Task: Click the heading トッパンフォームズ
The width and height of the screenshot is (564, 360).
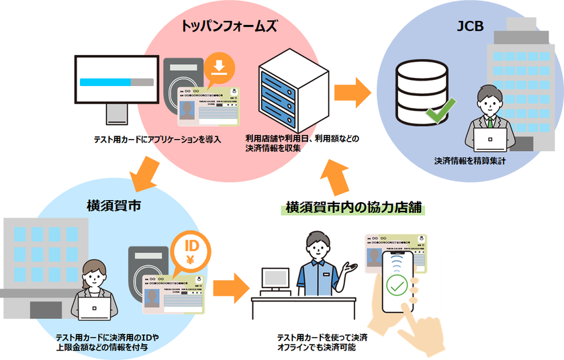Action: (229, 27)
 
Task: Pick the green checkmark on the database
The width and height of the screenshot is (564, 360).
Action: (440, 107)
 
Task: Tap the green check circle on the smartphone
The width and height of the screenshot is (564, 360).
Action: (397, 287)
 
